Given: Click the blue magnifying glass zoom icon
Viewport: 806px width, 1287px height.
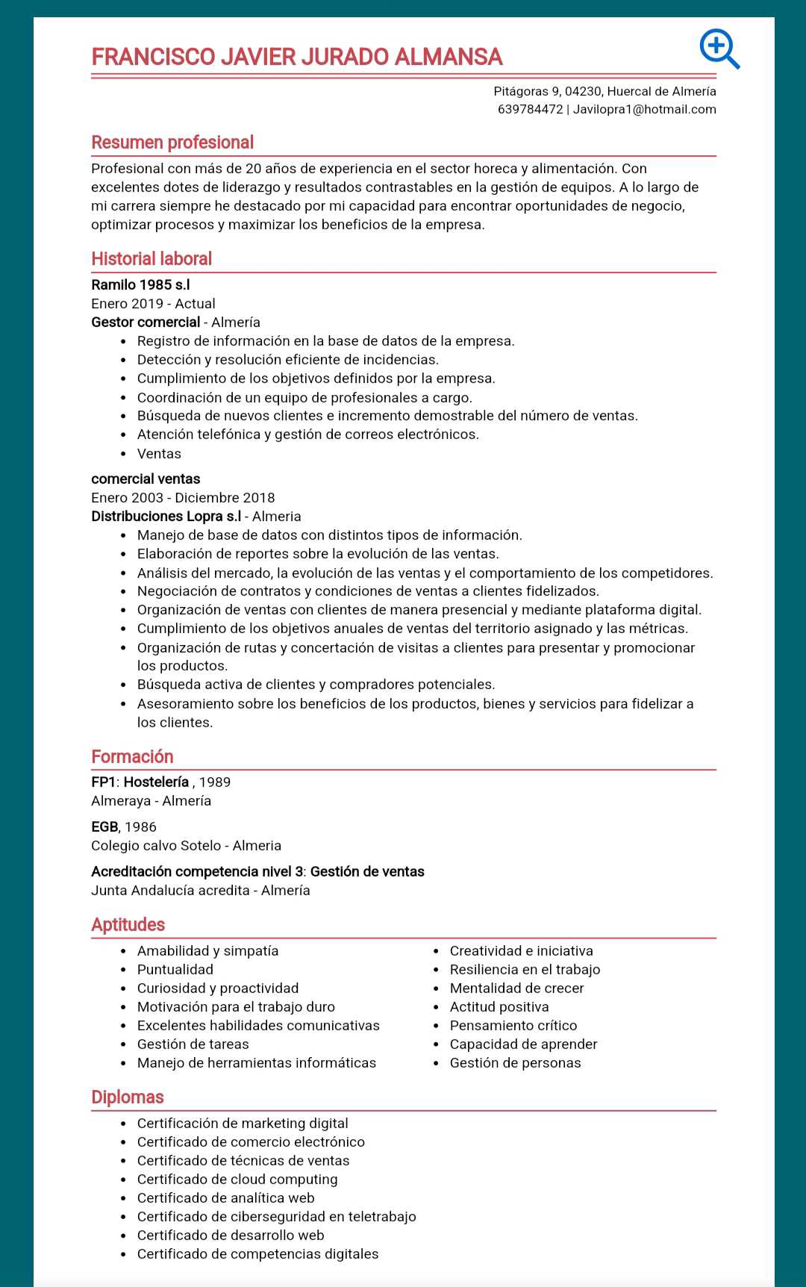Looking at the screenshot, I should (x=719, y=49).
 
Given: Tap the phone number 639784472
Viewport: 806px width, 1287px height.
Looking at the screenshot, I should (x=530, y=110).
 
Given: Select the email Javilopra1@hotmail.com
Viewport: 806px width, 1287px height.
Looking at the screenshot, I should (x=644, y=110).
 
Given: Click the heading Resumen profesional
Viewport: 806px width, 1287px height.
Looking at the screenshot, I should (x=172, y=143).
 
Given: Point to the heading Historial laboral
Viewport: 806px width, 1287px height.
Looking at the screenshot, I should (x=151, y=259).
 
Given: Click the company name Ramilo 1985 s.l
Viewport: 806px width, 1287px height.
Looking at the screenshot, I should (x=140, y=285).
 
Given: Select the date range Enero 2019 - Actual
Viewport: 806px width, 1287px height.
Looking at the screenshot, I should (x=153, y=304).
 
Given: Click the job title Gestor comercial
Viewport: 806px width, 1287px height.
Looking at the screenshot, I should (x=146, y=322).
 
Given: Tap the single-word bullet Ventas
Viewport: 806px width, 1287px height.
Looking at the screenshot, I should (x=159, y=454).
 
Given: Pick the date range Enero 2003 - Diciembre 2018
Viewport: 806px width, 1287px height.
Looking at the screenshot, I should (x=183, y=498).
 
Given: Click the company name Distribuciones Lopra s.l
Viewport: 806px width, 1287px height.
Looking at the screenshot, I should (x=166, y=517).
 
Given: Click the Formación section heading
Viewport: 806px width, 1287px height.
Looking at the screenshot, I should (x=132, y=757).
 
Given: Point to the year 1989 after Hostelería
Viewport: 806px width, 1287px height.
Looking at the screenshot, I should (x=215, y=782).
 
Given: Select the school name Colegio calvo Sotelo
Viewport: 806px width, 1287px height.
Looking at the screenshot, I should (x=156, y=846).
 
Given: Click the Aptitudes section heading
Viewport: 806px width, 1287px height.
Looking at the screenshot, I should (x=128, y=925).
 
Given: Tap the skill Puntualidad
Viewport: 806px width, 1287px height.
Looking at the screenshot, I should (x=175, y=970).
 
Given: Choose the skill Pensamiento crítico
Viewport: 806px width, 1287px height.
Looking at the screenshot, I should (x=513, y=1026).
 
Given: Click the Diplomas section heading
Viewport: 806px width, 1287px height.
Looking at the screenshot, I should (x=127, y=1097).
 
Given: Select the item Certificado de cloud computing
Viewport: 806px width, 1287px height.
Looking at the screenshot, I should (x=237, y=1180).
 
